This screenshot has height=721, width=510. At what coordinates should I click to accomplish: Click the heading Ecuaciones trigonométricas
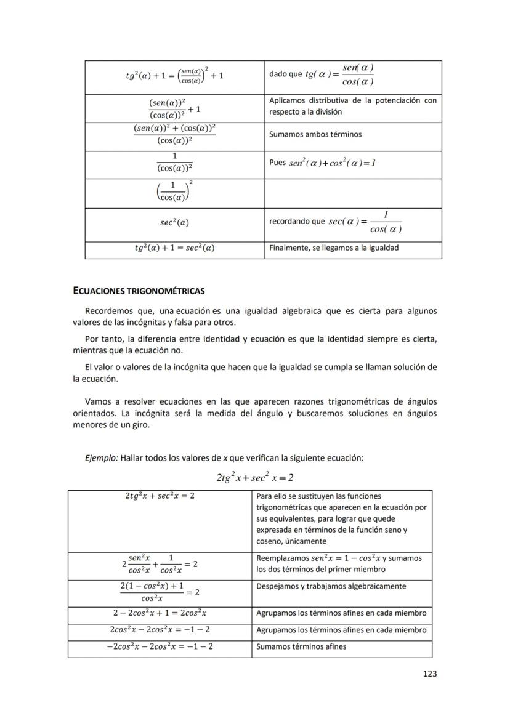(139, 291)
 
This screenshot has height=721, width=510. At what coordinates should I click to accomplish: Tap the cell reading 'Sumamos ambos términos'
(315, 134)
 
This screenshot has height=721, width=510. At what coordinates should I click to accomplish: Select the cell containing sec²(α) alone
(174, 222)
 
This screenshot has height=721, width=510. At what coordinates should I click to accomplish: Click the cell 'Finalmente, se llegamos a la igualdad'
(334, 248)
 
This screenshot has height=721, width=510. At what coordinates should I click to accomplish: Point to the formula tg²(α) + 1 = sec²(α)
(174, 248)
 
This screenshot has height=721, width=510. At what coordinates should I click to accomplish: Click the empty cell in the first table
(353, 193)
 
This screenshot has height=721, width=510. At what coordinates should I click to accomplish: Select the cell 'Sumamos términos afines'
(301, 646)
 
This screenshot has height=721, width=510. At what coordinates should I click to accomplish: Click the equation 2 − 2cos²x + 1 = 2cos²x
(160, 613)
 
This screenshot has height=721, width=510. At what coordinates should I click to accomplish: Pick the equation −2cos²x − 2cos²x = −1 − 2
(160, 646)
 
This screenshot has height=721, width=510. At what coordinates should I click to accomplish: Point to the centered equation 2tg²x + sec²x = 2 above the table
(254, 477)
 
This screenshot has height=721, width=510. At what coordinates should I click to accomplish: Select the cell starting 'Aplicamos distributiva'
(353, 106)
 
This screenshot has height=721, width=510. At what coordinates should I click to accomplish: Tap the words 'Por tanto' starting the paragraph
(103, 339)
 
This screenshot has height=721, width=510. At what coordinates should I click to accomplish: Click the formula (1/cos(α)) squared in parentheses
(174, 192)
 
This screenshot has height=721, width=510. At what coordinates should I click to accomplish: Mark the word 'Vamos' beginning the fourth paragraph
(98, 401)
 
